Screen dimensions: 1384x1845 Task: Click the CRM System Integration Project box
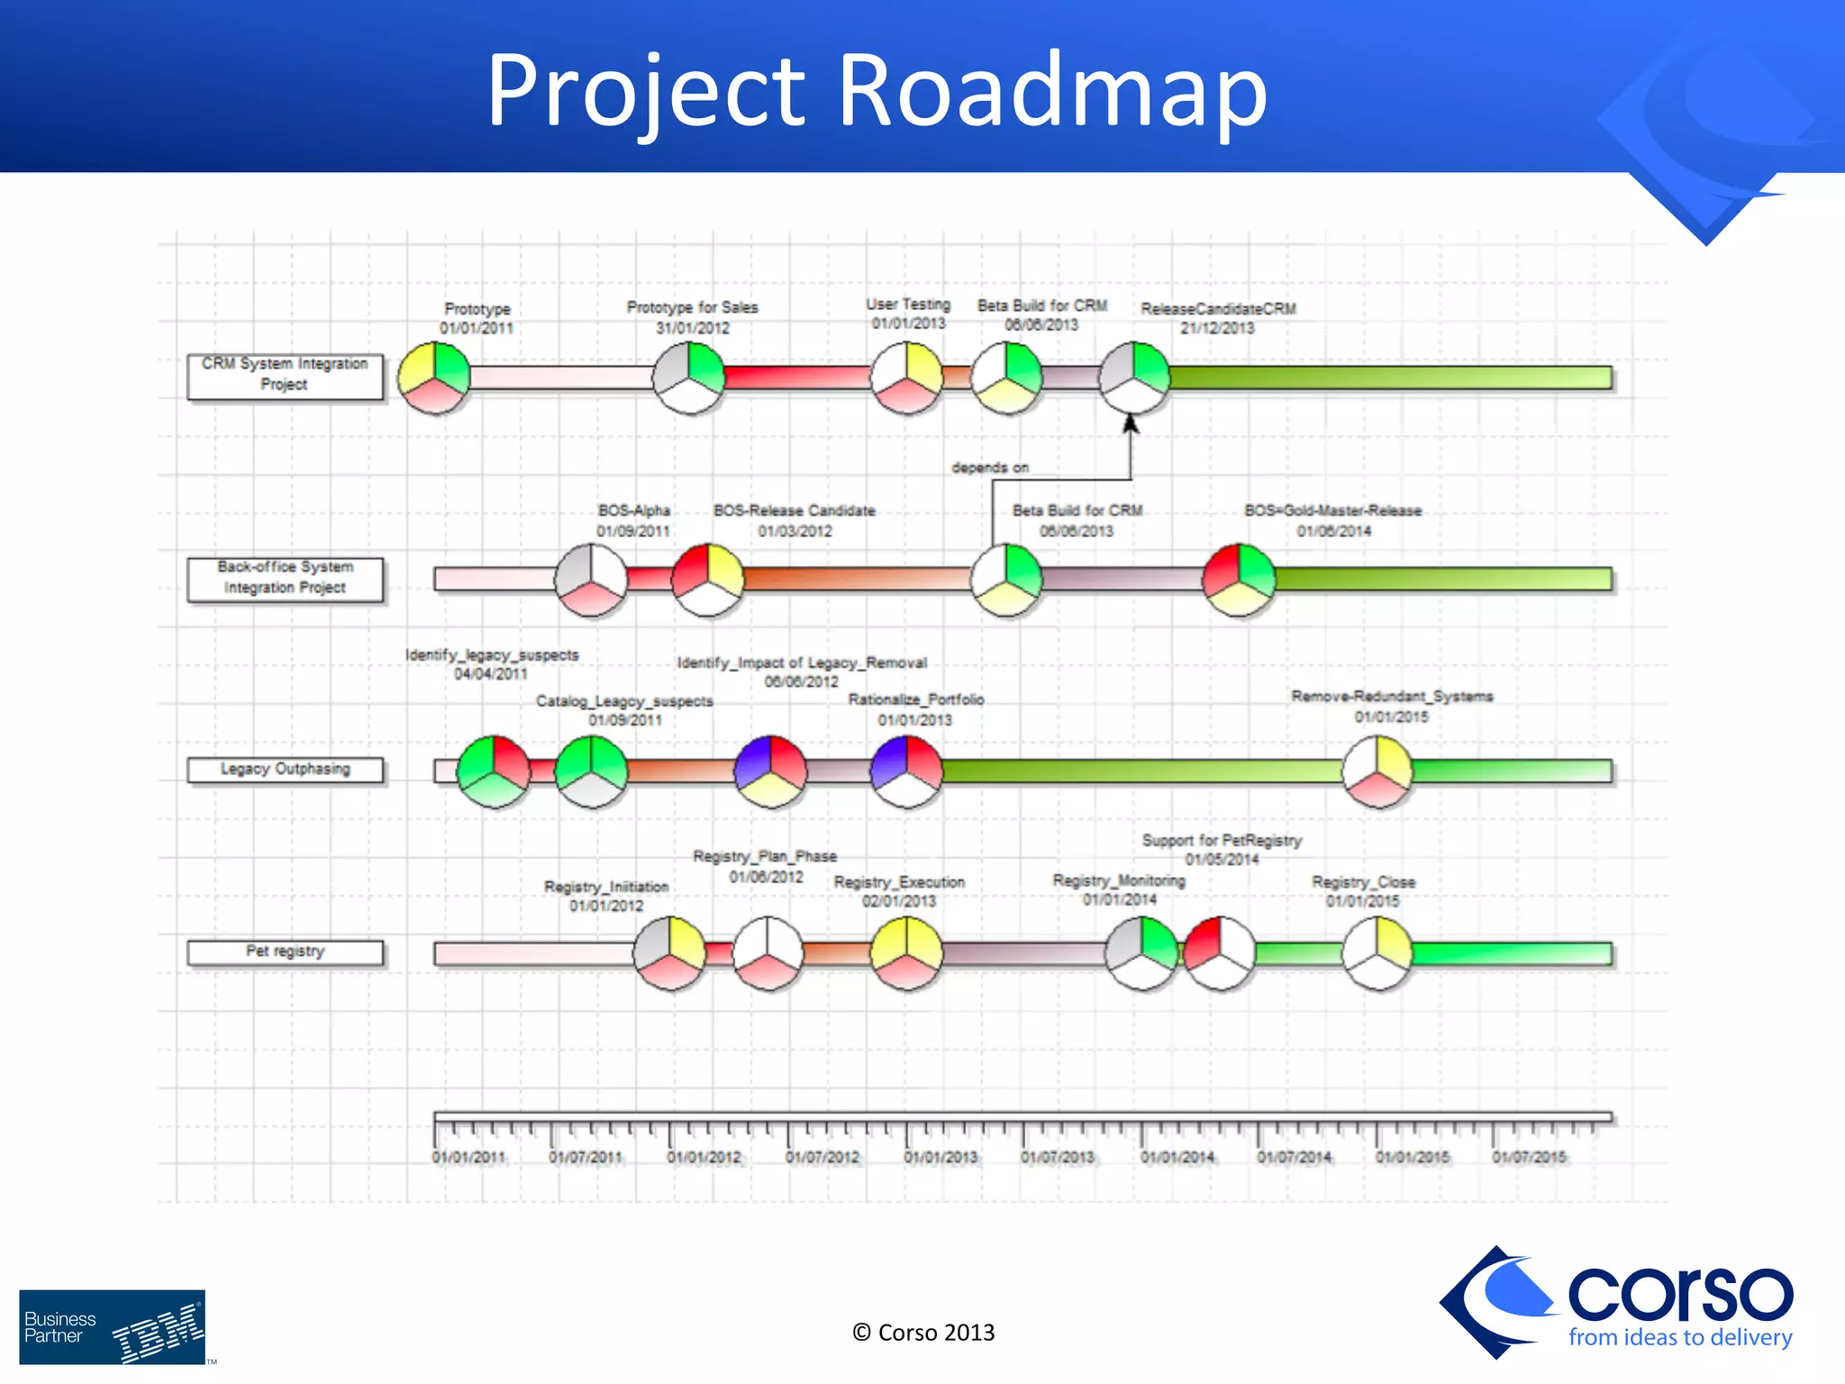[x=285, y=376]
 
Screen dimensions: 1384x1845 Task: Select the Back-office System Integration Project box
[x=285, y=578]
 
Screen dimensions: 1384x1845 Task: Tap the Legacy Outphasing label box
[x=285, y=769]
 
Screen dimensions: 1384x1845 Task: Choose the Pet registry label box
[x=285, y=952]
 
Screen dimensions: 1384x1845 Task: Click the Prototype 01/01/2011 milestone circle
[x=434, y=378]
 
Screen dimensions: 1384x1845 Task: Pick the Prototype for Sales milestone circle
[x=689, y=378]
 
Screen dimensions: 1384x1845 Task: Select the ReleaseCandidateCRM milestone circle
[x=1134, y=378]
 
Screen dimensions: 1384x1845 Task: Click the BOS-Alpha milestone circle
[x=591, y=579]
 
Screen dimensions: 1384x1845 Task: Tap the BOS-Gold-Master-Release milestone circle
[x=1240, y=579]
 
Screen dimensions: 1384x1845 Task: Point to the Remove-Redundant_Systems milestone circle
[x=1377, y=771]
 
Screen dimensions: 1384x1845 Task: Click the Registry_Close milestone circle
[x=1377, y=953]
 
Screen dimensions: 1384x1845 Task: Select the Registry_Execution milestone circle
[x=906, y=953]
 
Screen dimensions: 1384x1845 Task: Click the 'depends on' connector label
[x=989, y=468]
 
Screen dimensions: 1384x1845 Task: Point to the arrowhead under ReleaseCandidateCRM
[x=1131, y=423]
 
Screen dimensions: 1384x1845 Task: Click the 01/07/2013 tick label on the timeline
[x=1058, y=1157]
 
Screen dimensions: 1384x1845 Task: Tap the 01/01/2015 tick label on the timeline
[x=1412, y=1157]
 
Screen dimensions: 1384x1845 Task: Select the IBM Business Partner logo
[x=113, y=1327]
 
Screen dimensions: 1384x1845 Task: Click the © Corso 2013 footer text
[x=923, y=1333]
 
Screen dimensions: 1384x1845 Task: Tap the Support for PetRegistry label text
[x=1222, y=841]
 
